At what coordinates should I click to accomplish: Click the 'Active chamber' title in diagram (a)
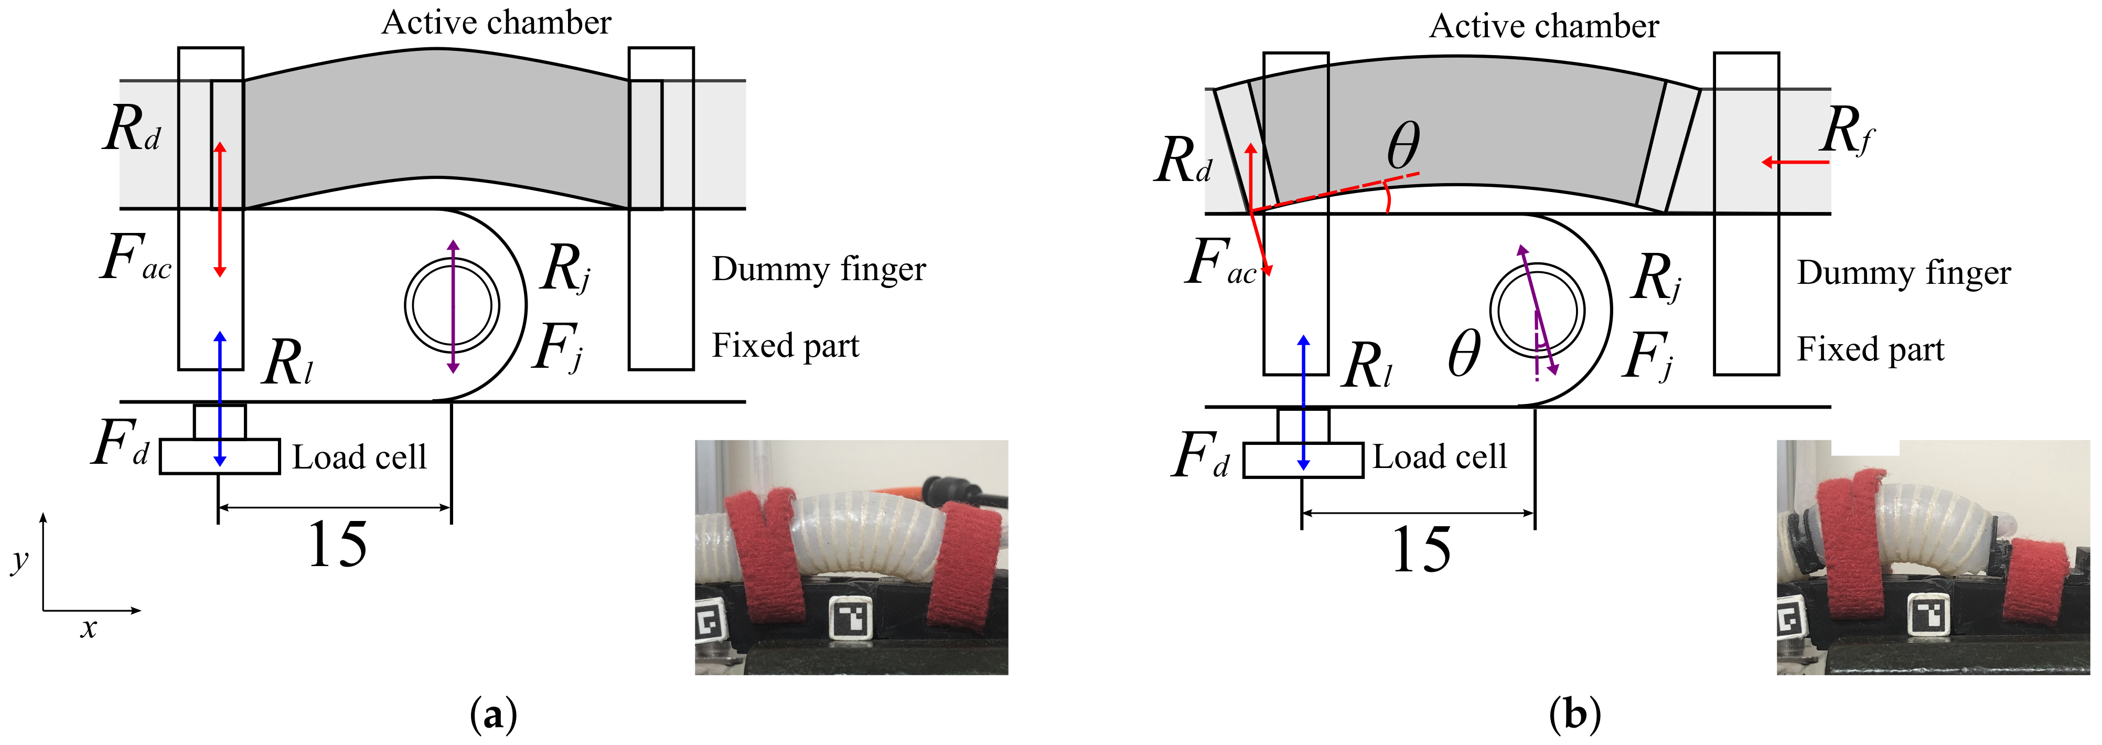click(496, 23)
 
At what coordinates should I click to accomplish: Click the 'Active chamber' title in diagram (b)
click(1544, 26)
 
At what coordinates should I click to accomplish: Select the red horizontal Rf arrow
click(1795, 163)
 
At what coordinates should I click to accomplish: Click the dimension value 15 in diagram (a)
click(337, 545)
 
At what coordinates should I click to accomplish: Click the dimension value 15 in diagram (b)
click(1421, 550)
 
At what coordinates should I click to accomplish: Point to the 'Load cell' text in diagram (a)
click(359, 457)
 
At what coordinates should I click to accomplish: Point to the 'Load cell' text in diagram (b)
click(1440, 457)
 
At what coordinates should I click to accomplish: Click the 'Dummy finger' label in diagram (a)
click(819, 269)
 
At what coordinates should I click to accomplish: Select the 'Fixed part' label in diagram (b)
click(1870, 349)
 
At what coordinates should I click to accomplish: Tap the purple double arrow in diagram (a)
click(453, 306)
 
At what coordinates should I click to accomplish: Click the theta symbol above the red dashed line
click(1403, 145)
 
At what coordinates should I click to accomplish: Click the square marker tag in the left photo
click(850, 617)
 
